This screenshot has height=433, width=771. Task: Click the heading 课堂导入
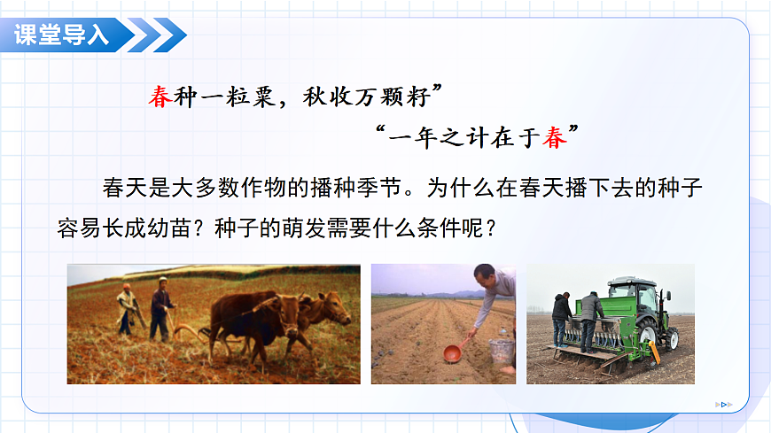pos(61,35)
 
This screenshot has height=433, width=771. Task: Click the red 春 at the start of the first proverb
pos(160,97)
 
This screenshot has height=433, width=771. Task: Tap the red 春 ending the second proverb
pos(555,137)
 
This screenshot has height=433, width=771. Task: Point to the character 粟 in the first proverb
pos(263,97)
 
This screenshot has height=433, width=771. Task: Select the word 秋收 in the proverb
pos(328,97)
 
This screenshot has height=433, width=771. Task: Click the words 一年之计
pos(438,137)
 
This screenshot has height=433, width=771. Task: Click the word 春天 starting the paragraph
pos(125,188)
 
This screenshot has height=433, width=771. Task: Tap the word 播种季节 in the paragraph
pos(355,188)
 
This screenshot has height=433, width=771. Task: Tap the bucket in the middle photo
pos(501,352)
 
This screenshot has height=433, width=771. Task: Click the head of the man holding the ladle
pos(486,276)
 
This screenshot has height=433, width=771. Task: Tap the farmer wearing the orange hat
pos(128,310)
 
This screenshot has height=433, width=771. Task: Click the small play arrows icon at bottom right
pos(724,405)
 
